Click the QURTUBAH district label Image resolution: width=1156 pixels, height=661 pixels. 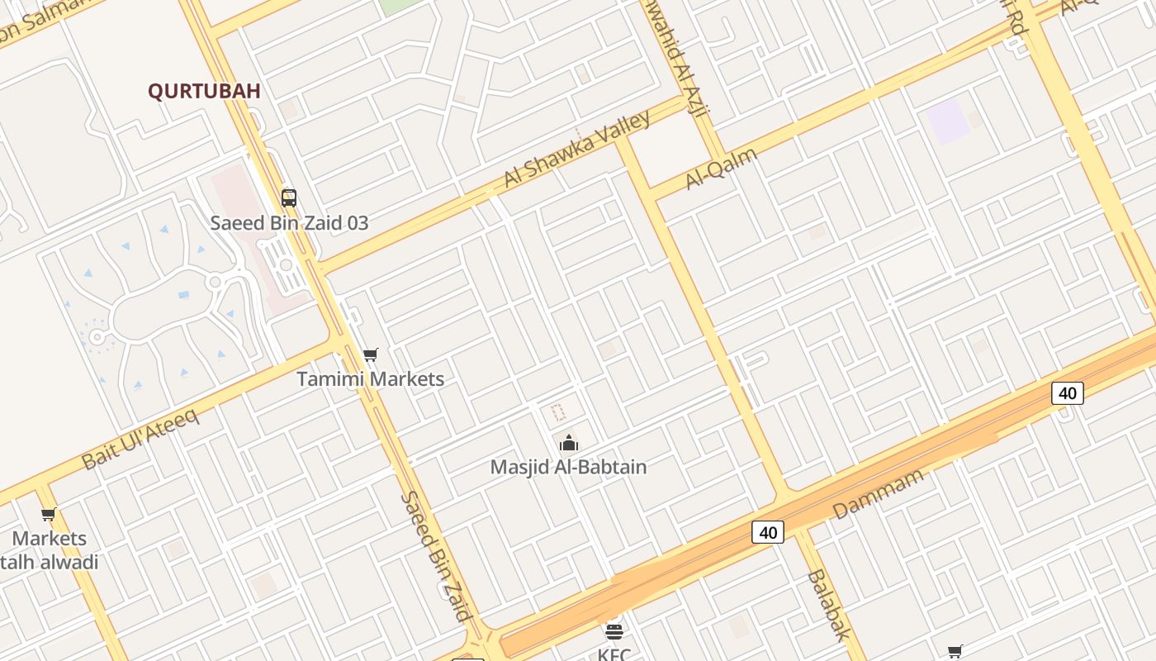(204, 91)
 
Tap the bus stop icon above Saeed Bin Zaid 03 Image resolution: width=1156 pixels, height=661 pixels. (289, 197)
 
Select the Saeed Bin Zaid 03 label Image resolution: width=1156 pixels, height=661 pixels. (289, 223)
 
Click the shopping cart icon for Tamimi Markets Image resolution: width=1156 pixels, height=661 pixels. (371, 355)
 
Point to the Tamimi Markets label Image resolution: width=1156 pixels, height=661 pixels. (370, 379)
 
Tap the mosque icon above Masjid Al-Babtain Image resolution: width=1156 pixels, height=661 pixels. (568, 444)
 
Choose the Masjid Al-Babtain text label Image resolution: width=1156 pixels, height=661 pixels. (568, 467)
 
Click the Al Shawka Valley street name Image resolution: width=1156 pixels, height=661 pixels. (577, 149)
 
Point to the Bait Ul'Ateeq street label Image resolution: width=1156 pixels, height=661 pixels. (141, 439)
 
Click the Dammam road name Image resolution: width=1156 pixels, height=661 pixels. (878, 493)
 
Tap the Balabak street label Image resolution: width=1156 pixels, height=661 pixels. (827, 605)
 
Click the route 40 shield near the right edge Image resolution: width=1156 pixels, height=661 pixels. (1067, 393)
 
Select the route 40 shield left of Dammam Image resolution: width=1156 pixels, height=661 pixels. (768, 532)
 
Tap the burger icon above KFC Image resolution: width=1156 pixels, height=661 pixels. (614, 632)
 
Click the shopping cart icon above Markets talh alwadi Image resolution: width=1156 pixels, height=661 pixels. (49, 515)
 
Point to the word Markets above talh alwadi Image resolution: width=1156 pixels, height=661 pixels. (50, 539)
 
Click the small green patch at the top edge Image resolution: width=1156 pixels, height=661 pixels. (400, 5)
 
